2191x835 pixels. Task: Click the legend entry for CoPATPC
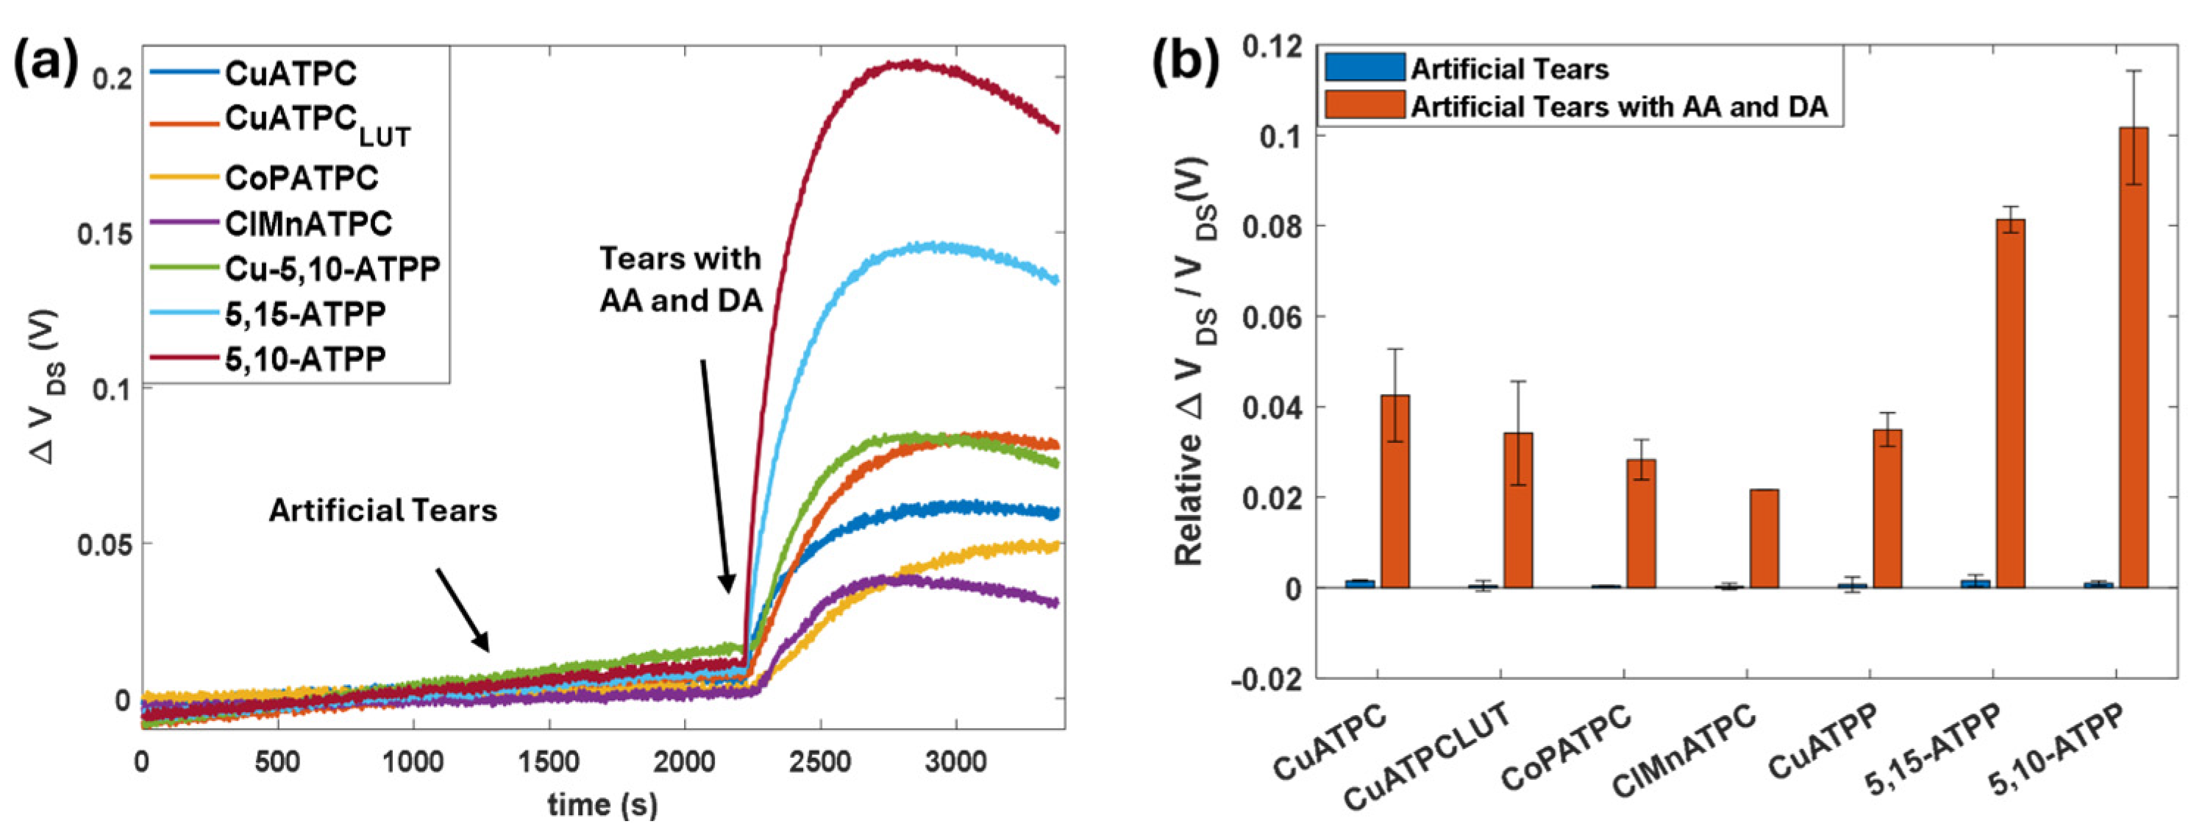301,178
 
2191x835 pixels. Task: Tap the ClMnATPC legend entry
308,224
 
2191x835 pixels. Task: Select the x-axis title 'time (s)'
602,803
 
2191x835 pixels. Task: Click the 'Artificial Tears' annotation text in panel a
382,510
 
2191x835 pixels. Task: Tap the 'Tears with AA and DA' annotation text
680,279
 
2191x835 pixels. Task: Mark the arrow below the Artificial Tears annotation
463,609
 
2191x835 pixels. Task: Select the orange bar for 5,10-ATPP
2133,358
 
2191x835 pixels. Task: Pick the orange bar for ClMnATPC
1764,538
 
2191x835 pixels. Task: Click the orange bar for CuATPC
1395,491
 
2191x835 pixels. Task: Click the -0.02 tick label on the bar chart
1267,678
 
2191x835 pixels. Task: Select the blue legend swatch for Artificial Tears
1364,68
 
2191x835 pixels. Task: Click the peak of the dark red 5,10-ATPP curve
914,64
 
